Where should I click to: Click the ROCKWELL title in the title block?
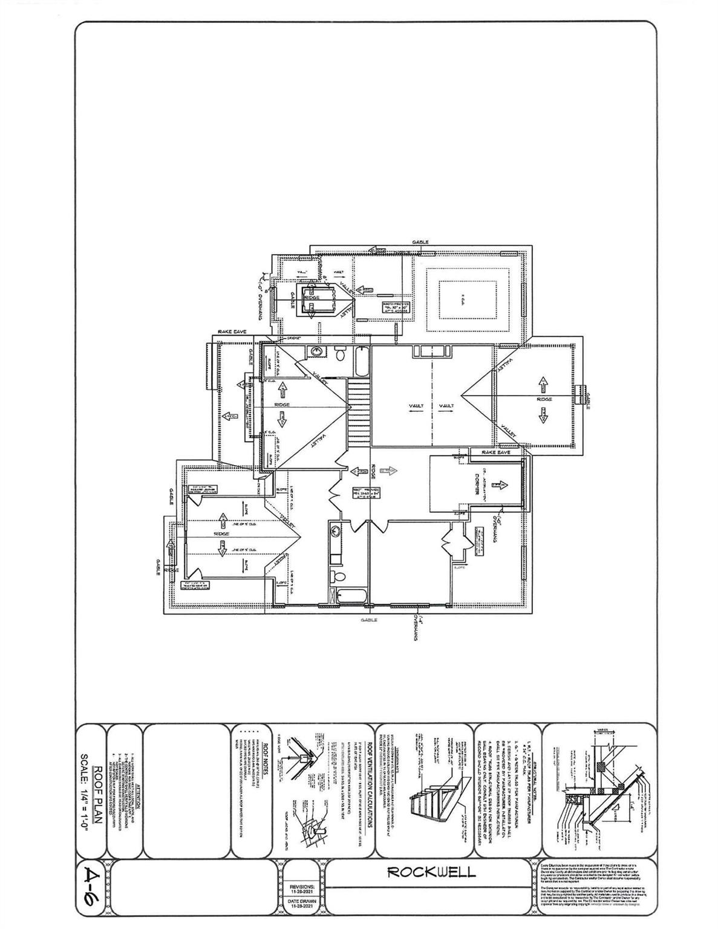431,872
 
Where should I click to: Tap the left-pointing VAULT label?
416,406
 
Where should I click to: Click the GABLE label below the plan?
368,619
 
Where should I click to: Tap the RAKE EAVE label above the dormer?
496,452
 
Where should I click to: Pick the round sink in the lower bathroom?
335,530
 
